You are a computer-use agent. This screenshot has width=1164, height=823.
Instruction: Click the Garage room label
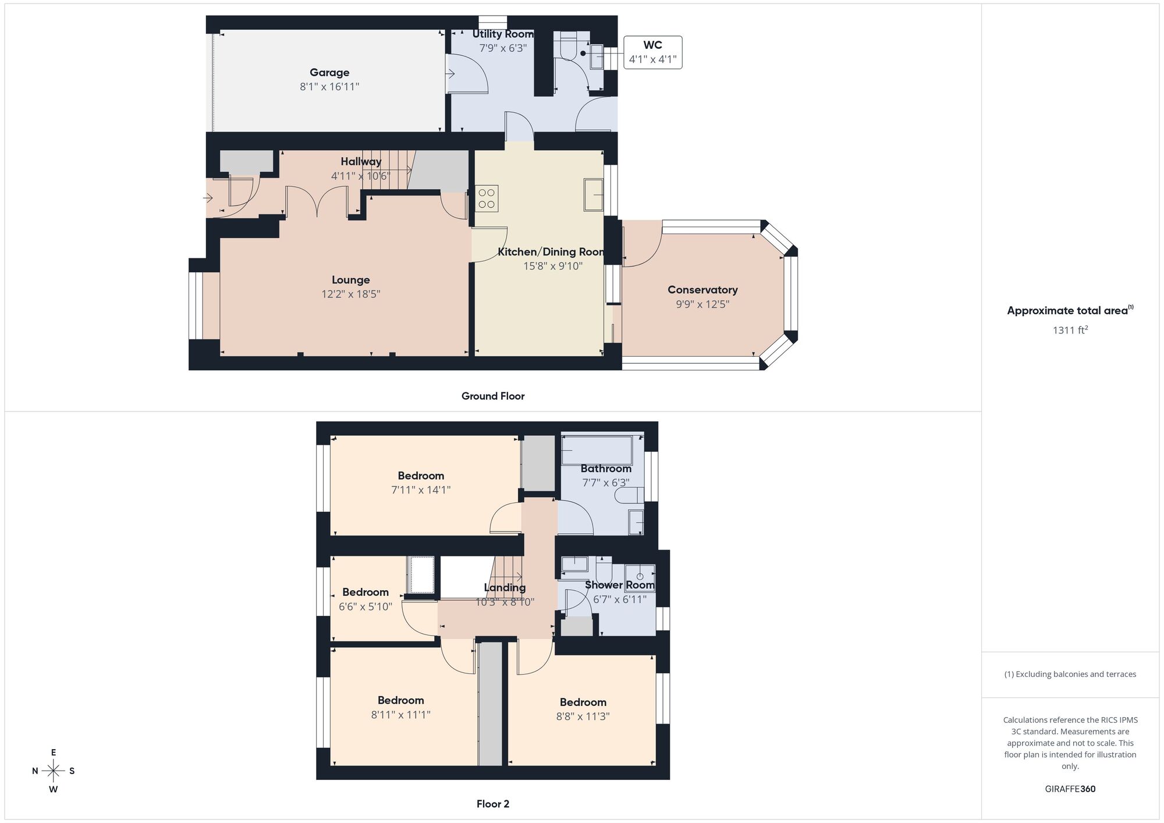pos(329,73)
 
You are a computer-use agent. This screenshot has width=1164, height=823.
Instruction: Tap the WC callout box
pos(652,52)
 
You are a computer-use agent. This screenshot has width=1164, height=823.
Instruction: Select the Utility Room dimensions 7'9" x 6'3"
pos(502,48)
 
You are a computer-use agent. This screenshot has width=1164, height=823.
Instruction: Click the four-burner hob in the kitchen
pos(487,198)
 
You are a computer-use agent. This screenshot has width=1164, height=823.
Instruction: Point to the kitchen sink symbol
pos(594,194)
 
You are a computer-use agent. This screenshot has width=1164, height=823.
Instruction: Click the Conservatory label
pos(702,290)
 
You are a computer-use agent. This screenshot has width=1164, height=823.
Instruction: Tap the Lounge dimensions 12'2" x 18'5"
pos(350,295)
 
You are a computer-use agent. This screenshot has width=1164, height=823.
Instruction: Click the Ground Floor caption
pos(493,396)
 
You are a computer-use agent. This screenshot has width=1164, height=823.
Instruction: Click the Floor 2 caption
pos(493,804)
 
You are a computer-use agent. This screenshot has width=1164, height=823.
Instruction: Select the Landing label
pos(505,588)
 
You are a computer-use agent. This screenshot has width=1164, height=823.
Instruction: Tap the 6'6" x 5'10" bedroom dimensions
pos(365,606)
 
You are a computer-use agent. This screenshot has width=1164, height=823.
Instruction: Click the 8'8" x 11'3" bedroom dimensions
pos(583,716)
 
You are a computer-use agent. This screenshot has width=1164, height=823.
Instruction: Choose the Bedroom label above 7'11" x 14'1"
pos(421,476)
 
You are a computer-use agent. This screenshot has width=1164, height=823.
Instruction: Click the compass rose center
pos(54,771)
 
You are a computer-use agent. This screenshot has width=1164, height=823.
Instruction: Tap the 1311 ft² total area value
pos(1070,330)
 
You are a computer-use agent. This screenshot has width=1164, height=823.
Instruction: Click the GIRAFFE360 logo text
pos(1070,789)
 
